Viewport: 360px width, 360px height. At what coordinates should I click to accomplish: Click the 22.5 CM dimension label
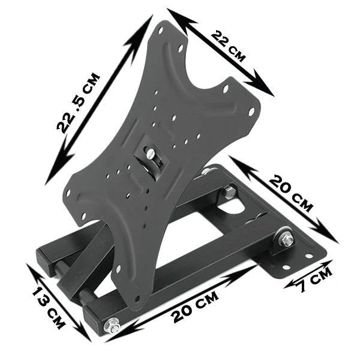tap(78, 102)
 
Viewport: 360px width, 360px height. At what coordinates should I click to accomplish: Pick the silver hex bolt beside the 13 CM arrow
tap(111, 327)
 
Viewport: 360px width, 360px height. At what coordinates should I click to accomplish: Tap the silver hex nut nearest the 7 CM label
tap(286, 241)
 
